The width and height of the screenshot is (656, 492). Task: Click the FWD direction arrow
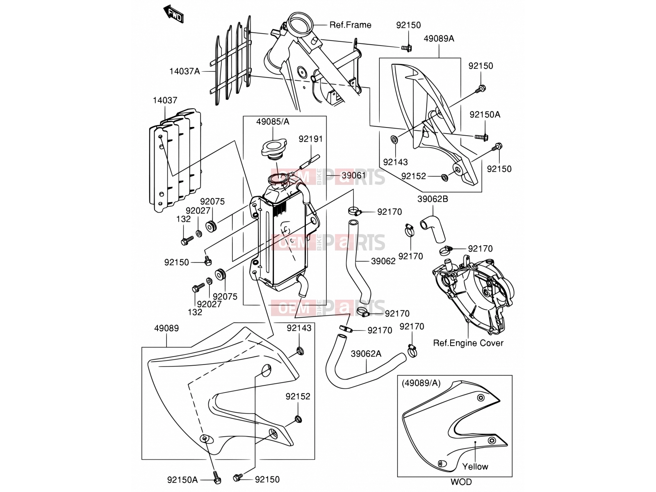point(173,14)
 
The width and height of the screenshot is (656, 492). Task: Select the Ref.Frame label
point(350,25)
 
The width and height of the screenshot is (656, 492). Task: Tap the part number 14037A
point(184,71)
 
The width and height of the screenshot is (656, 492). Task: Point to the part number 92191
point(311,139)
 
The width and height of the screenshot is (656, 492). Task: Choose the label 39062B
point(433,199)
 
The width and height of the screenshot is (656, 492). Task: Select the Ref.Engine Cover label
point(468,343)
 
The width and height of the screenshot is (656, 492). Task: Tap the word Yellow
point(475,466)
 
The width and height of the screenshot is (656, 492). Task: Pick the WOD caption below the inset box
point(461,482)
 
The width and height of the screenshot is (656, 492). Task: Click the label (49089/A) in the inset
point(421,383)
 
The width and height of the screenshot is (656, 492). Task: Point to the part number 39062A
point(366,354)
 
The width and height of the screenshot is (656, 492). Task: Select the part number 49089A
point(439,39)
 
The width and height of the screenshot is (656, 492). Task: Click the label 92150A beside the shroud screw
point(485,114)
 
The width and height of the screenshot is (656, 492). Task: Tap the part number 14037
point(165,100)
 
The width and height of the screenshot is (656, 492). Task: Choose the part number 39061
point(353,175)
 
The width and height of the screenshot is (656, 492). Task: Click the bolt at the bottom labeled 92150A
point(216,477)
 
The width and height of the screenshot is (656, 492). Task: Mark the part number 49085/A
point(273,122)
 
